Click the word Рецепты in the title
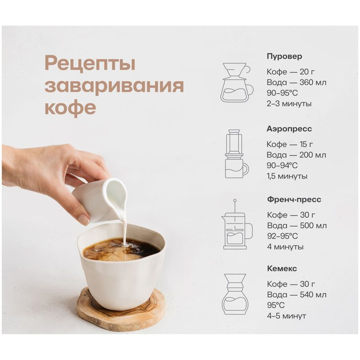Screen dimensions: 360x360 pos(90,64)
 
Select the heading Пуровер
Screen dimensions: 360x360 pos(284,57)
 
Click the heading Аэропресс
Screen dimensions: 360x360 pos(289,129)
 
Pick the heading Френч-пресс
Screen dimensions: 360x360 pos(294,199)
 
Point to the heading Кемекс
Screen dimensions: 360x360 pos(282,269)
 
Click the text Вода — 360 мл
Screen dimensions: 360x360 pos(297,82)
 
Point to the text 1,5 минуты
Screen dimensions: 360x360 pos(287,176)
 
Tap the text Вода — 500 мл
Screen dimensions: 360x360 pos(297,225)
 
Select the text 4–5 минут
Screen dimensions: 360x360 pos(286,316)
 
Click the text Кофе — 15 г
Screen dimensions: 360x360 pos(290,144)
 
